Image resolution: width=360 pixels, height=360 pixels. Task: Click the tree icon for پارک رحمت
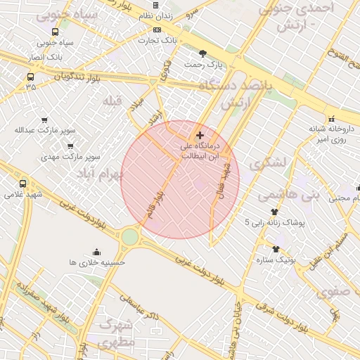point(203,53)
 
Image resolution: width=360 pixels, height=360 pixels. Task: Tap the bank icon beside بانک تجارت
point(156,30)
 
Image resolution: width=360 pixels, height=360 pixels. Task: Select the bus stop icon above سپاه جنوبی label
point(56,32)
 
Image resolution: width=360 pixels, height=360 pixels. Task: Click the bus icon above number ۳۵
point(30,77)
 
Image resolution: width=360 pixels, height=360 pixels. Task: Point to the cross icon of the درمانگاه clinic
point(200,135)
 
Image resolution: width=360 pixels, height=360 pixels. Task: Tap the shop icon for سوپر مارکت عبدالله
point(45,120)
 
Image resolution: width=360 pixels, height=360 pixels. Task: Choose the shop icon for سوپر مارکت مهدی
point(70,146)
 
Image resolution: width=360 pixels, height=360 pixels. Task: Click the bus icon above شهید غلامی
point(23,184)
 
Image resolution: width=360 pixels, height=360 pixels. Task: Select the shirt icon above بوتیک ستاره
point(276,248)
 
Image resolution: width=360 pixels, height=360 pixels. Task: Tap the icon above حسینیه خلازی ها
point(96,252)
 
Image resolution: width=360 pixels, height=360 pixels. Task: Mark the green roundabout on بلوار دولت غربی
point(130,237)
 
